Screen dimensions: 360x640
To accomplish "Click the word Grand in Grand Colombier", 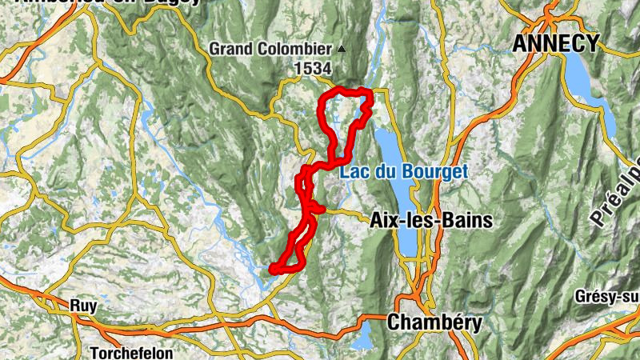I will pyautogui.click(x=229, y=49).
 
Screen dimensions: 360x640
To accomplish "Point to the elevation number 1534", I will pyautogui.click(x=313, y=70).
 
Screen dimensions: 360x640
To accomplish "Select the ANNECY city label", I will pyautogui.click(x=556, y=43).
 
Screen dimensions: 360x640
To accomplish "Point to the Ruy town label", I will pyautogui.click(x=83, y=306).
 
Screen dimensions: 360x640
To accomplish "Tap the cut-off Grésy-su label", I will pyautogui.click(x=606, y=297).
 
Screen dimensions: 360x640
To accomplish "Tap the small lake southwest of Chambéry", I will pyautogui.click(x=365, y=336).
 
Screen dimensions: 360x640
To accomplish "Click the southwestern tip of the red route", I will pyautogui.click(x=274, y=269).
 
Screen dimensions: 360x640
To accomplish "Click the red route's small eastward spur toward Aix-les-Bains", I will pyautogui.click(x=320, y=209).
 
